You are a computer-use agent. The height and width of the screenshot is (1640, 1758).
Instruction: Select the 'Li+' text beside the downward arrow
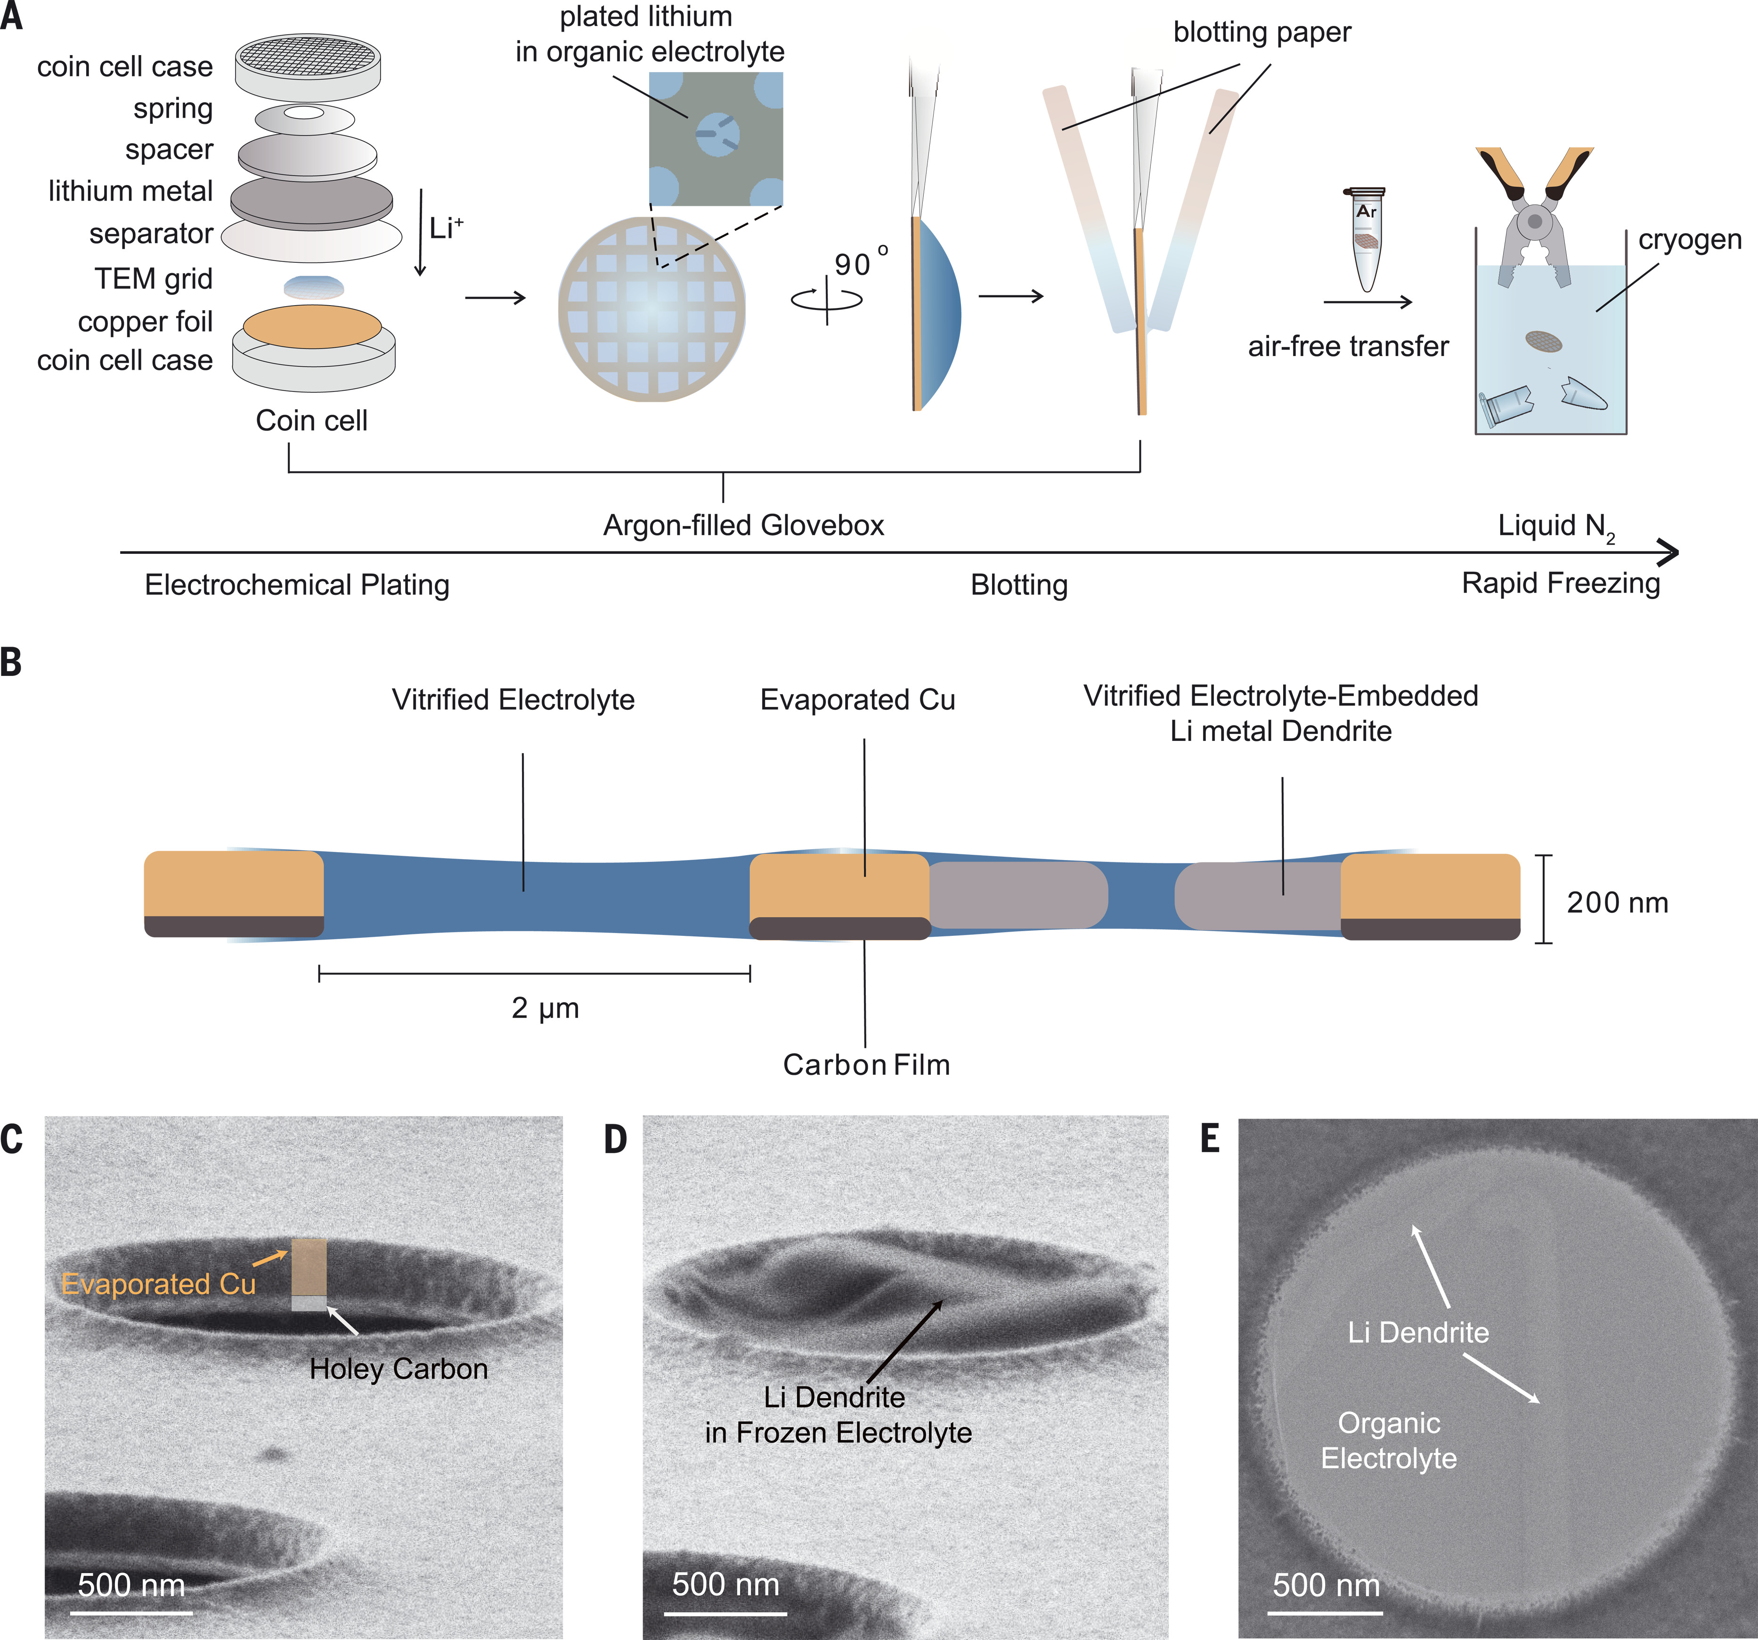coord(446,228)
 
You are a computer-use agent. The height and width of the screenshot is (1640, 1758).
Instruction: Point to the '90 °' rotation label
coord(860,262)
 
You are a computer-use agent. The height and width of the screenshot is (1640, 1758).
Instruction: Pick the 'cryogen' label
coord(1689,240)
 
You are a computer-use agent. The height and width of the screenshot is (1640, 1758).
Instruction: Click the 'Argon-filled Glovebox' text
coord(743,525)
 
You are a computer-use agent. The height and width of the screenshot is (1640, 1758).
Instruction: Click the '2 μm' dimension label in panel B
coord(545,1008)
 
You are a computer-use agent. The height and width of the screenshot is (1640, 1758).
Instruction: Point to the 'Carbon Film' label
coord(866,1064)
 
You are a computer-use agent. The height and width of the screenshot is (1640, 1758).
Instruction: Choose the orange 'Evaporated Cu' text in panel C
coord(158,1284)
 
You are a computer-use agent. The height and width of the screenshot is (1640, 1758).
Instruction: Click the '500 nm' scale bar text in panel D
coord(725,1584)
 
